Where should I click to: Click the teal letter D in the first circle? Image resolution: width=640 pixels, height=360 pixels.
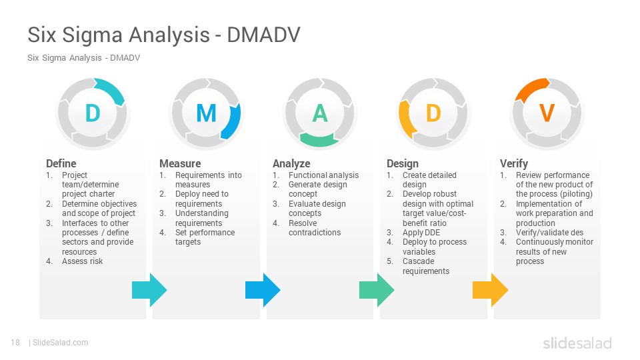click(93, 113)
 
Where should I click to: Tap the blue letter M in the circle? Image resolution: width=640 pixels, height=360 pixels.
click(206, 113)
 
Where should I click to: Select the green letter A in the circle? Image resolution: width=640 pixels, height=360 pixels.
click(320, 113)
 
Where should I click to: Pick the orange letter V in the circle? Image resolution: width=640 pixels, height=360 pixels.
click(547, 113)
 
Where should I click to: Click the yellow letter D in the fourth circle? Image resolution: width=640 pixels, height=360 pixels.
click(433, 113)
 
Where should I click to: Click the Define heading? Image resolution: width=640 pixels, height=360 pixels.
click(61, 164)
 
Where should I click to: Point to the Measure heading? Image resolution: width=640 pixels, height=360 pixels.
click(180, 164)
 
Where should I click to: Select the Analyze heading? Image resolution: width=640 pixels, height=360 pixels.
click(291, 164)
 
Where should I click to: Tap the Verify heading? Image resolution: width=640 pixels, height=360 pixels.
click(514, 164)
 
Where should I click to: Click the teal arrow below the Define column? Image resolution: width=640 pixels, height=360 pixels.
click(149, 290)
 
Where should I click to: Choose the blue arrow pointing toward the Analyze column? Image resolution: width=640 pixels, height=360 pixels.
click(263, 290)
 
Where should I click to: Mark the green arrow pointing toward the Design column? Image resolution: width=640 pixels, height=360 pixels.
click(377, 290)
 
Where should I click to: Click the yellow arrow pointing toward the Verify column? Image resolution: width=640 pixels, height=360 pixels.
click(490, 290)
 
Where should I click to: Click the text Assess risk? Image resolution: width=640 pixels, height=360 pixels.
click(83, 261)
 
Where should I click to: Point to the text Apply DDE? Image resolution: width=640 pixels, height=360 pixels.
click(421, 233)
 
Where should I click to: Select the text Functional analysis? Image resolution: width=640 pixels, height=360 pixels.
click(324, 175)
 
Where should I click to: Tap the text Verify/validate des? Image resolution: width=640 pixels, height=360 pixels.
click(549, 233)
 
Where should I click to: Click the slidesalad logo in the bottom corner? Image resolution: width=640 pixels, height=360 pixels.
click(577, 343)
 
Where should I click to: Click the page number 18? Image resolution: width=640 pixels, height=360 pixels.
click(15, 343)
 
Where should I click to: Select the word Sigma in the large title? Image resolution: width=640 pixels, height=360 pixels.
click(96, 35)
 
